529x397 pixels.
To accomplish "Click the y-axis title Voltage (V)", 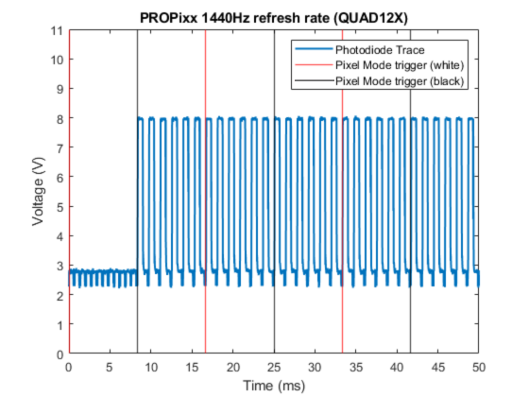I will [39, 192].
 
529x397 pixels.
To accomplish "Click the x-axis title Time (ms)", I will [274, 385].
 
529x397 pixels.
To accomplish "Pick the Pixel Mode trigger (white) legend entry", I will [396, 65].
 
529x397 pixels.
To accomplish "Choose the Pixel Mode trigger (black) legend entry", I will [396, 81].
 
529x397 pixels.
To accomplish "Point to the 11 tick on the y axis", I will [59, 30].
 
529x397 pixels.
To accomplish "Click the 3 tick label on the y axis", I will [60, 266].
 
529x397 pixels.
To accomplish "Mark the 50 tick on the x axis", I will [479, 367].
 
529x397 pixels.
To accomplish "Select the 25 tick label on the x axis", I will [274, 367].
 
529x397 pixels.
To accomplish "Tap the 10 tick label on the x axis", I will [151, 367].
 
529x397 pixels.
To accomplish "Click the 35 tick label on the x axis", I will [356, 367].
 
